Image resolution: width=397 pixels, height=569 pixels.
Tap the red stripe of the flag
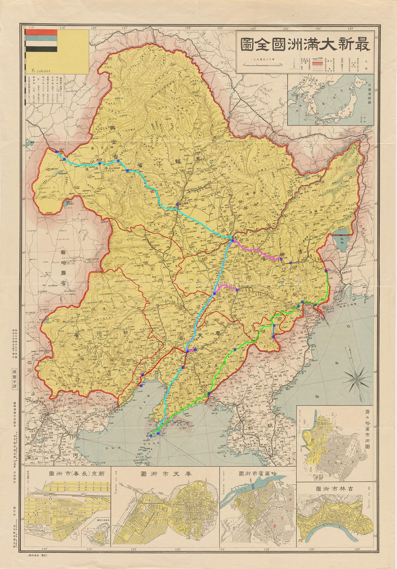[x=41, y=32]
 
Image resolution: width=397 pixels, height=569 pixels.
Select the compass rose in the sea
[x=357, y=379]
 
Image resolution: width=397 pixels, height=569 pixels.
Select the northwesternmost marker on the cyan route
[x=56, y=152]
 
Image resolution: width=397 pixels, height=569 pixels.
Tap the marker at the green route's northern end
[x=326, y=271]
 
